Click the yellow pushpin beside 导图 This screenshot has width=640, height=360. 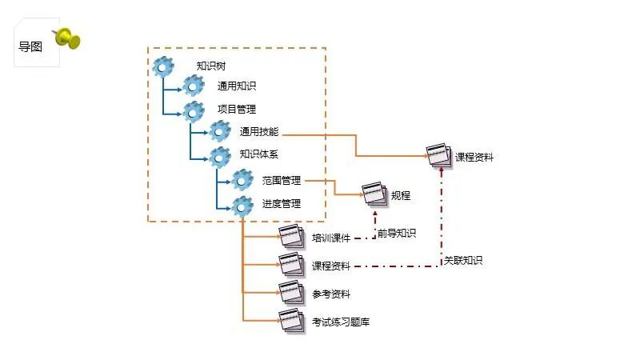pos(68,38)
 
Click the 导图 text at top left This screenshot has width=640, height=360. pos(30,46)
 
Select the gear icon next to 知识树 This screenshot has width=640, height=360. pos(163,66)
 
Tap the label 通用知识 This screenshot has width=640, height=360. pos(237,86)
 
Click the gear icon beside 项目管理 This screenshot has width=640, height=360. pos(194,110)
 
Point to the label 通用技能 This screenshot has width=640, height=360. pos(259,132)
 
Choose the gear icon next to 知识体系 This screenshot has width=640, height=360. pos(220,155)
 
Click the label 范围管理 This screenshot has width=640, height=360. pos(282,181)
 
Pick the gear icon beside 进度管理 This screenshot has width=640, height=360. pos(242,205)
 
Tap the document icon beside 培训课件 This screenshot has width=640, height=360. pos(291,238)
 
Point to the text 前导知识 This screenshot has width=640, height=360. pos(397,234)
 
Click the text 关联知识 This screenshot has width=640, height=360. pos(463,261)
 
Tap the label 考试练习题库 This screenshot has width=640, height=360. pos(341,322)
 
